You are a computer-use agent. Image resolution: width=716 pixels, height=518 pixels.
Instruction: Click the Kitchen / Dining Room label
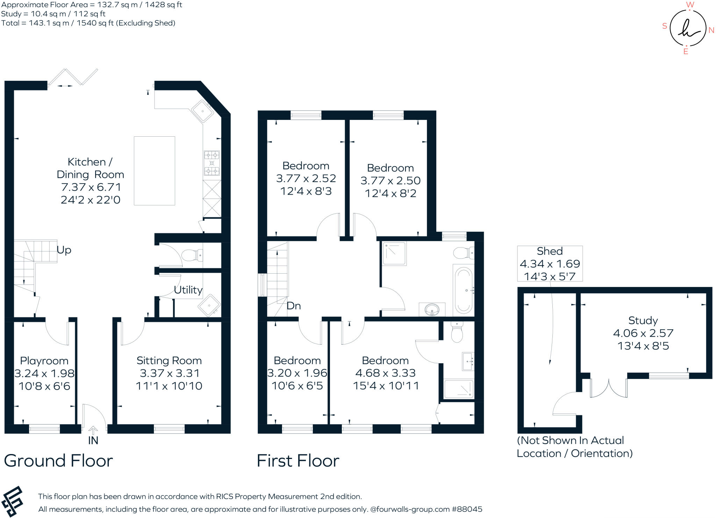[90, 168]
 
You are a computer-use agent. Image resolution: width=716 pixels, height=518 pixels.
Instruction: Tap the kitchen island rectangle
[154, 171]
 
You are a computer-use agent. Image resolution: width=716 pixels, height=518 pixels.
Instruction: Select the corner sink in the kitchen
[202, 111]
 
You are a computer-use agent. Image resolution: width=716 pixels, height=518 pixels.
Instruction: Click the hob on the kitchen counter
[212, 163]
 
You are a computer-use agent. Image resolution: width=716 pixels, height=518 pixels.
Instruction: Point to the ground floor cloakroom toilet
[191, 255]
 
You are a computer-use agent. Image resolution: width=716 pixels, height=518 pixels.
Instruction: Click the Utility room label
[188, 290]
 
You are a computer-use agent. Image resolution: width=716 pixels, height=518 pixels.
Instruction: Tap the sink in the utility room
[209, 305]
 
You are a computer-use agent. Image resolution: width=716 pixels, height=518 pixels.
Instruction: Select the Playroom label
[44, 361]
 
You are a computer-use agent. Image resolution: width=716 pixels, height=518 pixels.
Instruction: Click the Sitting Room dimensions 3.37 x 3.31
[169, 373]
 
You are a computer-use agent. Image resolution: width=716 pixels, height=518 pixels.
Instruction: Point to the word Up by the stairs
[64, 250]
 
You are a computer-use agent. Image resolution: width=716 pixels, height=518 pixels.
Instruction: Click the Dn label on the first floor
[293, 306]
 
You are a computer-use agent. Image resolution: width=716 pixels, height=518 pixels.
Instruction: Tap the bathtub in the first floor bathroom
[463, 290]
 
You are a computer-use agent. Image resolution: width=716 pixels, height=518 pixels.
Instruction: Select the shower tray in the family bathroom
[394, 253]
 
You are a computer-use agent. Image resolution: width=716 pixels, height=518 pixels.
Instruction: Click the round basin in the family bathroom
[432, 309]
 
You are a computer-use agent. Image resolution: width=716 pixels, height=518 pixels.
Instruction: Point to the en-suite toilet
[457, 332]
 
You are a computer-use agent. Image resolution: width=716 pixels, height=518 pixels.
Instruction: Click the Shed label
[550, 251]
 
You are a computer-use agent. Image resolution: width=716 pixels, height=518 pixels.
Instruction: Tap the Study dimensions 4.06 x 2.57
[643, 333]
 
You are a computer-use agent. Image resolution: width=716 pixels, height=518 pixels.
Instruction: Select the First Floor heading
[298, 461]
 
